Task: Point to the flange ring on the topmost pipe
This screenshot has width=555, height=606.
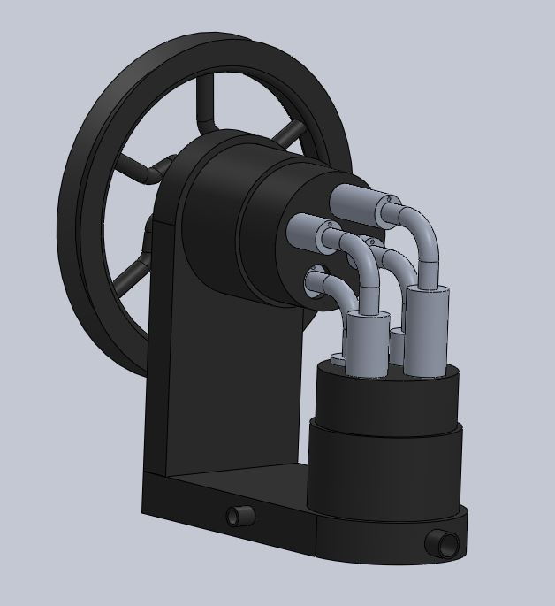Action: coord(385,207)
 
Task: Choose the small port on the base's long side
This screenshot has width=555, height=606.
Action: coord(237,515)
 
